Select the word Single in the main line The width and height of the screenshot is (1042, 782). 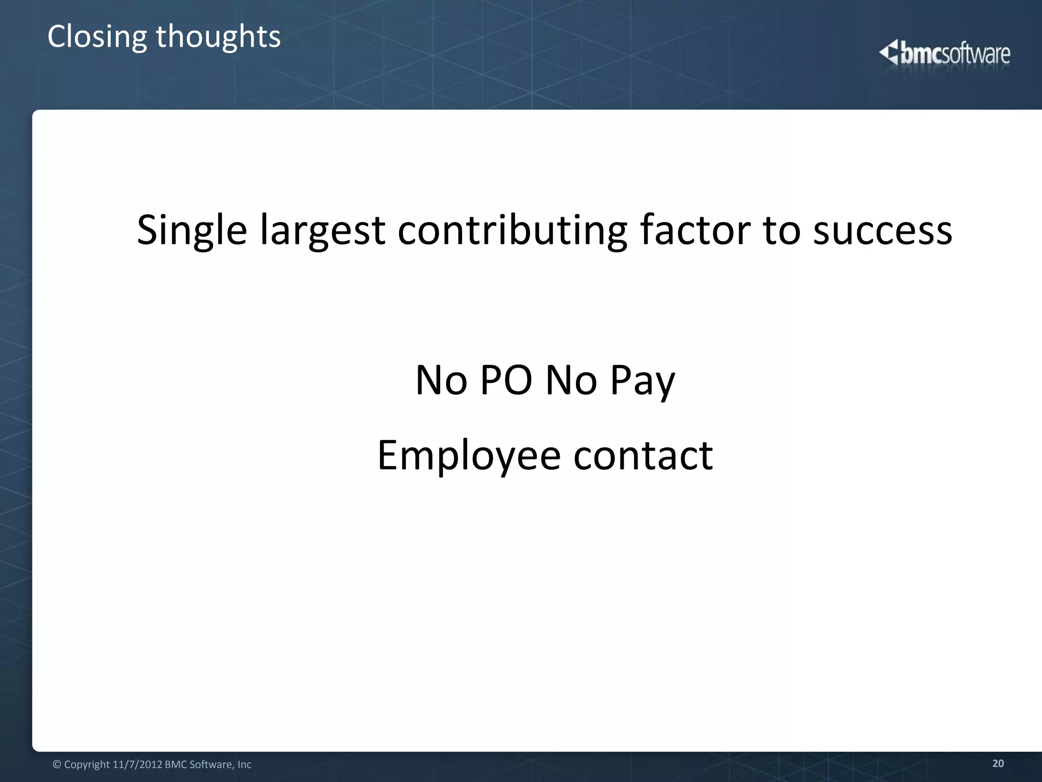(192, 231)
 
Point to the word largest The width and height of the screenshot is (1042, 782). (323, 231)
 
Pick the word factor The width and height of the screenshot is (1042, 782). (694, 230)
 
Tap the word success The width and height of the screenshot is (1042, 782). (882, 231)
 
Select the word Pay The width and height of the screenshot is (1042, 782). (643, 381)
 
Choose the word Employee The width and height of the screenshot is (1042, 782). (469, 456)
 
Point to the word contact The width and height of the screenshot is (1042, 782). (643, 455)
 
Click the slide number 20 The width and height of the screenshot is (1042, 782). (998, 763)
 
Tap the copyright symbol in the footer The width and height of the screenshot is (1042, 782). (57, 765)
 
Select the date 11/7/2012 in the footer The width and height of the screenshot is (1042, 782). (137, 765)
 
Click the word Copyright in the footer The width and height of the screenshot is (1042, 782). (87, 765)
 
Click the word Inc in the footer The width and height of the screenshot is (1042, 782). (244, 765)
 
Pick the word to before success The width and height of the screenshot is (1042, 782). (781, 231)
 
